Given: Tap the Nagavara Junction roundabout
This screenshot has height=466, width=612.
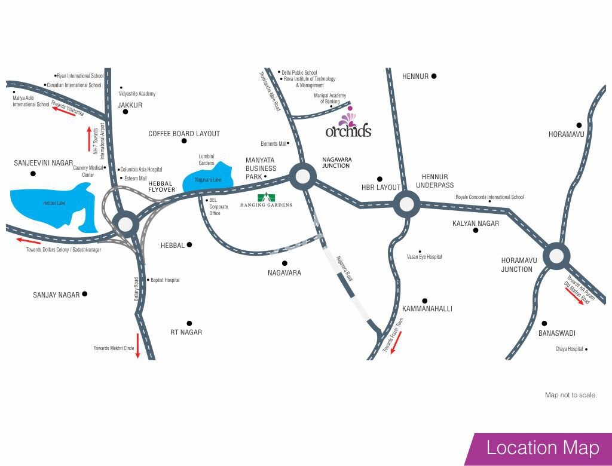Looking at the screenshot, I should tap(302, 176).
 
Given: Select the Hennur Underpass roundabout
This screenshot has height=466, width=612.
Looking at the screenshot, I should tap(406, 204).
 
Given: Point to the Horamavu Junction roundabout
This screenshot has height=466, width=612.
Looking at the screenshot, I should tap(556, 256).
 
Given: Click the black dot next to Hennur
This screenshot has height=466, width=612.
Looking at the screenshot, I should tap(434, 76).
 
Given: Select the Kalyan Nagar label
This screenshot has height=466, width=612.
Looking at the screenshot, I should tap(476, 223).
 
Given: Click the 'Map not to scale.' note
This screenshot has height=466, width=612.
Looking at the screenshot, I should tap(571, 395).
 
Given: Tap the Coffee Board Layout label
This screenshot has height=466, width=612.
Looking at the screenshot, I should tap(184, 134).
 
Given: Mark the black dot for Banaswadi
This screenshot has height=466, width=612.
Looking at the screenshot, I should tap(544, 323).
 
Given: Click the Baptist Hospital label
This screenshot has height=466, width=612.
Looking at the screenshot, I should tap(165, 280).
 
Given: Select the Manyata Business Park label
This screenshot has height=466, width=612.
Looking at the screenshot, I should tap(261, 168).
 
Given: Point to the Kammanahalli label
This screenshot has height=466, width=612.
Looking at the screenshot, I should tap(427, 309).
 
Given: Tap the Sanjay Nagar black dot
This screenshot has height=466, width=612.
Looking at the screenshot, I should tap(85, 294).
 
